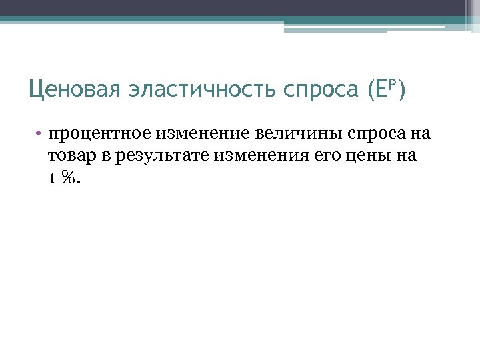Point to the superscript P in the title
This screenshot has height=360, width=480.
tap(392, 83)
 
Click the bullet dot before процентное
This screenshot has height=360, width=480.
tap(39, 134)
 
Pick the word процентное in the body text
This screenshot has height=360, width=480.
tap(101, 133)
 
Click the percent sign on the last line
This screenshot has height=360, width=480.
tap(67, 178)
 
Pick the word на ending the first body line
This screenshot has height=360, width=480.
tap(420, 133)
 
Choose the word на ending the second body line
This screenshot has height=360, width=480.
tap(406, 156)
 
